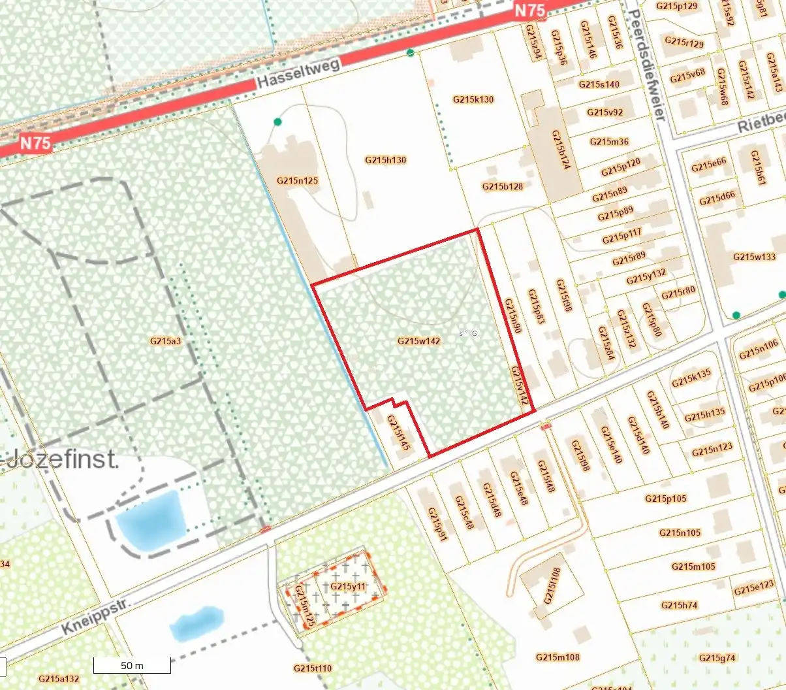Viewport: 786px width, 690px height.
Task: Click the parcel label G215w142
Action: (418, 341)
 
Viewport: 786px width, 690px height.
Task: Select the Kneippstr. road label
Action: (95, 616)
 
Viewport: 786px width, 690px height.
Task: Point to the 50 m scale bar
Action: (132, 665)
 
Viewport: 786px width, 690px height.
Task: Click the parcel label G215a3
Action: (165, 340)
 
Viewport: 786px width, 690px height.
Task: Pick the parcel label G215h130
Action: (385, 159)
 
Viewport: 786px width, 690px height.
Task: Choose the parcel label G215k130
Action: (473, 99)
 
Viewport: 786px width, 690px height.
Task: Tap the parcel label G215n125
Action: (297, 180)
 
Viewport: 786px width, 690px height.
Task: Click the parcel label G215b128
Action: (503, 186)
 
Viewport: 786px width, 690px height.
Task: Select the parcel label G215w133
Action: (754, 257)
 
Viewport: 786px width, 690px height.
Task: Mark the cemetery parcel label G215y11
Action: (348, 586)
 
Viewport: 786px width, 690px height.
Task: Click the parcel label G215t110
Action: (313, 668)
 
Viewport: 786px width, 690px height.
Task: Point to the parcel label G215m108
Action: (558, 657)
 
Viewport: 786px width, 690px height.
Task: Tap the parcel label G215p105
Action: (666, 498)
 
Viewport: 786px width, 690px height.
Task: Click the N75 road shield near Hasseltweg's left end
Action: (35, 142)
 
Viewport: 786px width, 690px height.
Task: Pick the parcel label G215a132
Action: (59, 678)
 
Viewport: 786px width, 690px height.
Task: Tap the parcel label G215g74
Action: (717, 657)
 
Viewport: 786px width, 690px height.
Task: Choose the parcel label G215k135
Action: (691, 377)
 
